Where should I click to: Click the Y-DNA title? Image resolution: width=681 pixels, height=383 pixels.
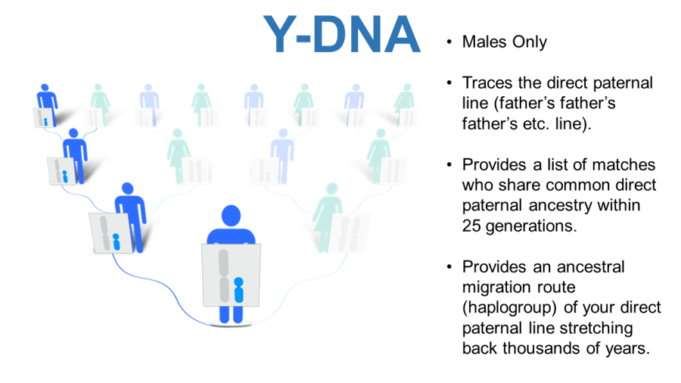point(342,34)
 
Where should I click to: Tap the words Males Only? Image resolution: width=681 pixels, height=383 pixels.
point(504,42)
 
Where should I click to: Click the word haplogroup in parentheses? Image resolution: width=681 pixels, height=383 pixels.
point(509,307)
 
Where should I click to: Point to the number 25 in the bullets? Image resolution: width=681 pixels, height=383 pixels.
point(471,226)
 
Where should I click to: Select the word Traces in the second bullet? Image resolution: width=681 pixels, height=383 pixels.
point(488,83)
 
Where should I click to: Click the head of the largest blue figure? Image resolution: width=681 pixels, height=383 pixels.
point(231,216)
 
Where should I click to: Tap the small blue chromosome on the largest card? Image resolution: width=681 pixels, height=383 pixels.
point(239,290)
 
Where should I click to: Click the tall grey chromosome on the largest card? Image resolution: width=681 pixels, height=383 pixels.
point(224,276)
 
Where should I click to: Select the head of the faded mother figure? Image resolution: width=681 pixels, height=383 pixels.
point(332,189)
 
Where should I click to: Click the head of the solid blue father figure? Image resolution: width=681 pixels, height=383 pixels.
point(128,188)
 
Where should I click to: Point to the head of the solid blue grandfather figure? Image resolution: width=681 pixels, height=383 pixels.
point(74,133)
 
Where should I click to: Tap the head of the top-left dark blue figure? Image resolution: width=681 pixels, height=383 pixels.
point(45,88)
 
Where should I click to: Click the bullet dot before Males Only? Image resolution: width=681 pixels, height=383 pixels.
point(449,42)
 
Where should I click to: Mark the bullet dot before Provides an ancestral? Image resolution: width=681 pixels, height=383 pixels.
point(449,267)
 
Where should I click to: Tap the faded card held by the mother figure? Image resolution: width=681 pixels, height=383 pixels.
point(349,234)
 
